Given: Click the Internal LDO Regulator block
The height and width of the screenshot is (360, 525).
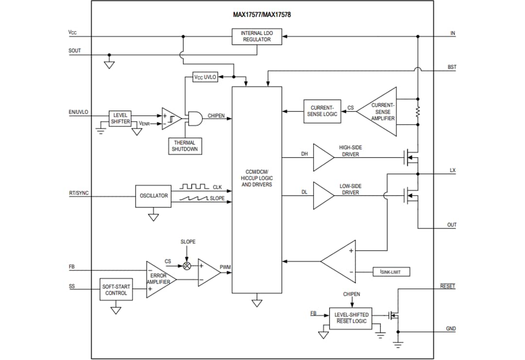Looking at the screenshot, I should pos(257,36).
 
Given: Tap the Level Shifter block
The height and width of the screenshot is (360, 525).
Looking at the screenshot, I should pos(120,119).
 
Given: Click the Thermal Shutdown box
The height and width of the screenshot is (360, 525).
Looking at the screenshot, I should pos(185,146).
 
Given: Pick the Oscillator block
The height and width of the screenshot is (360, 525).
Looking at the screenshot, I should pos(154,196).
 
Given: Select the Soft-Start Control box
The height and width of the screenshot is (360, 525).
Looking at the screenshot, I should pos(116,290).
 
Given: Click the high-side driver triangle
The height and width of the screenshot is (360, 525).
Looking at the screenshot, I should pos(322,157).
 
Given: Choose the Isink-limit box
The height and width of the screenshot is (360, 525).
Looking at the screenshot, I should pos(391,272).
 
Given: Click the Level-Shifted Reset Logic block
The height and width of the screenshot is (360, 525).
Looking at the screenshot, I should pos(351,318).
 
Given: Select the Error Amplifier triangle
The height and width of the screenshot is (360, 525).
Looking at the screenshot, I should pos(159,279).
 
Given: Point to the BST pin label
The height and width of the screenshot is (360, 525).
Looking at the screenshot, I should pos(452,67).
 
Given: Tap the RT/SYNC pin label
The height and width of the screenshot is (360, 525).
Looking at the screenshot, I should pos(78,193).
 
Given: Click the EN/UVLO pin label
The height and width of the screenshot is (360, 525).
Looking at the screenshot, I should pos(78,112).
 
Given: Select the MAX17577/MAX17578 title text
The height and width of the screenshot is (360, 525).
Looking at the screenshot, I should pos(262,15).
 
